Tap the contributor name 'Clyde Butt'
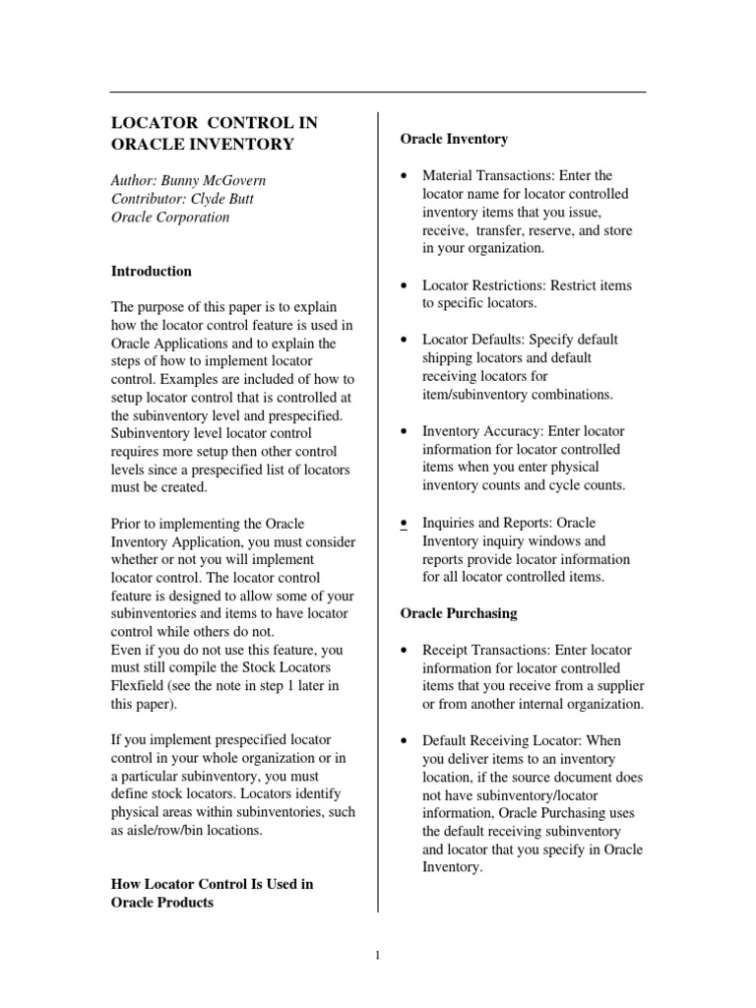pyautogui.click(x=228, y=199)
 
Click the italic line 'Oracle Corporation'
pyautogui.click(x=169, y=217)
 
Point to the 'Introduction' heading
pyautogui.click(x=152, y=271)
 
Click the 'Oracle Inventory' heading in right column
pyautogui.click(x=454, y=139)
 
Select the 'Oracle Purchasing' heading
pyautogui.click(x=458, y=613)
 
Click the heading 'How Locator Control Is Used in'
pyautogui.click(x=212, y=884)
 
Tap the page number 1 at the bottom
pyautogui.click(x=378, y=953)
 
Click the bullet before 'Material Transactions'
pyautogui.click(x=406, y=176)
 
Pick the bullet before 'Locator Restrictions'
pyautogui.click(x=406, y=285)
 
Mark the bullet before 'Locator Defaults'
pyautogui.click(x=406, y=340)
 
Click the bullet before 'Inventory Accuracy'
pyautogui.click(x=406, y=431)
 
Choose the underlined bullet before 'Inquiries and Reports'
pyautogui.click(x=406, y=523)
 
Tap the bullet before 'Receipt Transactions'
pyautogui.click(x=406, y=651)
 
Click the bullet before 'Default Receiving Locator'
pyautogui.click(x=406, y=740)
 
